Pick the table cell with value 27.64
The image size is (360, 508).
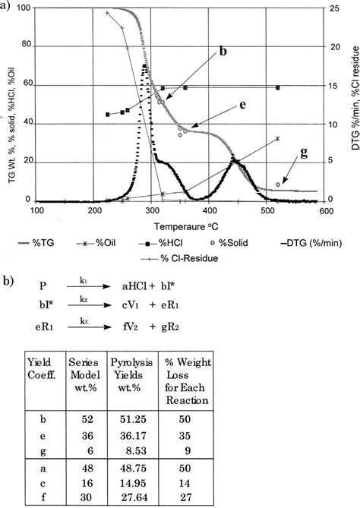tap(131, 495)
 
